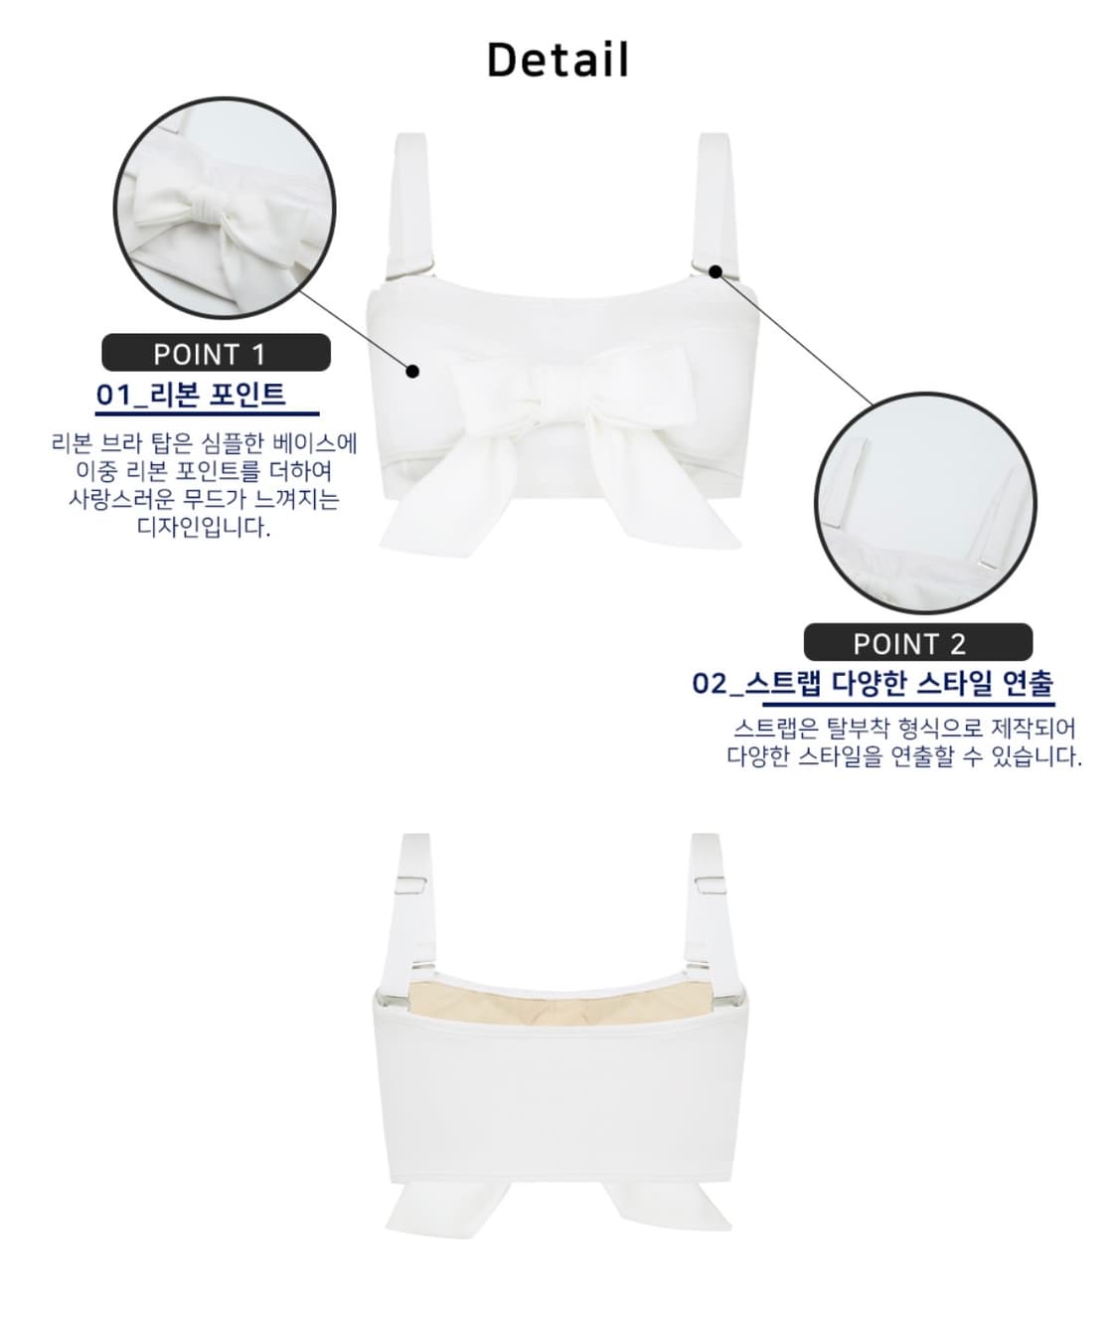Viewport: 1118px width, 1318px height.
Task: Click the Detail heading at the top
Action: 558,60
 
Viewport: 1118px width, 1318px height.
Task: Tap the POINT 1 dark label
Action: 216,353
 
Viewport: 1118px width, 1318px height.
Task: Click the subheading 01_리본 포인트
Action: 191,395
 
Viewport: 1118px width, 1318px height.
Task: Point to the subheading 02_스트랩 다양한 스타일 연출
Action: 873,684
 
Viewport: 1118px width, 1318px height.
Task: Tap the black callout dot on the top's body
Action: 413,372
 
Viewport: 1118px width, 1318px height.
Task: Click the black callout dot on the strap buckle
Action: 716,270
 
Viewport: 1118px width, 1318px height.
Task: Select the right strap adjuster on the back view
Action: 707,882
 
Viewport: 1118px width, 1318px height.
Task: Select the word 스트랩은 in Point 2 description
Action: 775,730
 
